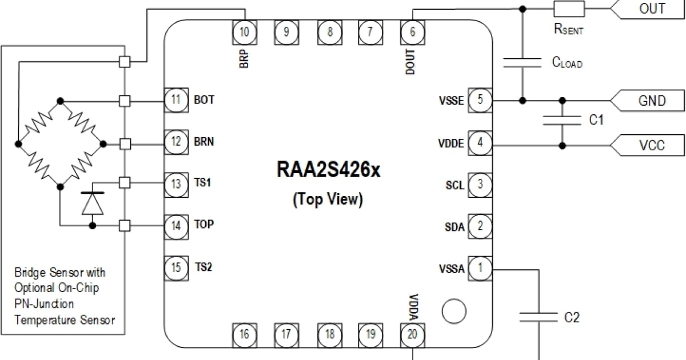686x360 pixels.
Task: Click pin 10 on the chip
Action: pos(245,32)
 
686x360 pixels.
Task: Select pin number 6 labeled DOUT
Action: pos(413,32)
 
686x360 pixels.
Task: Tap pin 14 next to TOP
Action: pos(176,226)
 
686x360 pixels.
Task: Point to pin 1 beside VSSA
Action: pos(480,268)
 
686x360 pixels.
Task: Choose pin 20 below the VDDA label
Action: pos(413,335)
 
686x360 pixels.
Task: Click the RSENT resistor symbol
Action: pos(569,9)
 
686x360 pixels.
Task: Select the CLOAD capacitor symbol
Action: pos(523,62)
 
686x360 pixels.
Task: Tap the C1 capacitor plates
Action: pos(562,121)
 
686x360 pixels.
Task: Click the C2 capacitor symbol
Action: pos(539,317)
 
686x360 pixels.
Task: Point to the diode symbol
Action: pos(93,203)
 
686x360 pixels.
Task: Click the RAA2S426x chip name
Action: pos(328,169)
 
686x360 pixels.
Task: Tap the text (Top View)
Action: pos(328,199)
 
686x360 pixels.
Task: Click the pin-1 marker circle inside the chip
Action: pos(454,311)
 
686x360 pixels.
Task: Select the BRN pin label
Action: pos(204,142)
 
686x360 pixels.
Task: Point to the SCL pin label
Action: pos(455,185)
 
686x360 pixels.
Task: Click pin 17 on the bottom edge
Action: pos(286,335)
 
